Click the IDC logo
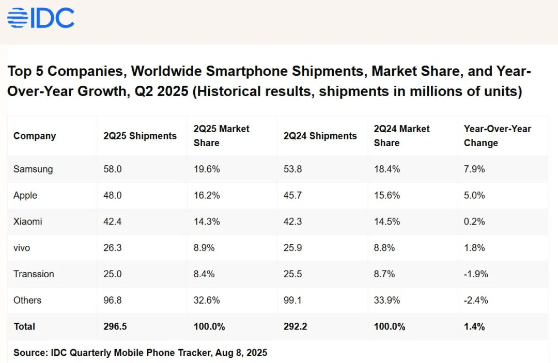click(x=41, y=18)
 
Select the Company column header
click(x=35, y=136)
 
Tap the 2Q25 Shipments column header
click(x=140, y=136)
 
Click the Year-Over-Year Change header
click(x=498, y=136)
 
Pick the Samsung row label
click(x=33, y=169)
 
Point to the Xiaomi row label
click(x=28, y=222)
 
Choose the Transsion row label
click(x=34, y=274)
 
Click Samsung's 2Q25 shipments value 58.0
click(x=113, y=169)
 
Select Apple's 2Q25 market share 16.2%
click(x=207, y=195)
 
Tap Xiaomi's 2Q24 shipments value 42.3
click(x=293, y=222)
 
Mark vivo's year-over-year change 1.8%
click(x=474, y=248)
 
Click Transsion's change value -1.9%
click(x=476, y=274)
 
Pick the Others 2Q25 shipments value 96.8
click(x=113, y=301)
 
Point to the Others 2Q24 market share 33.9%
click(x=384, y=301)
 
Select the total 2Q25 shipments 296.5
click(x=115, y=327)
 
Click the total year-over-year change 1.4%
click(x=474, y=327)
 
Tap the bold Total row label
click(x=24, y=327)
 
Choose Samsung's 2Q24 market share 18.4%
click(x=384, y=169)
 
